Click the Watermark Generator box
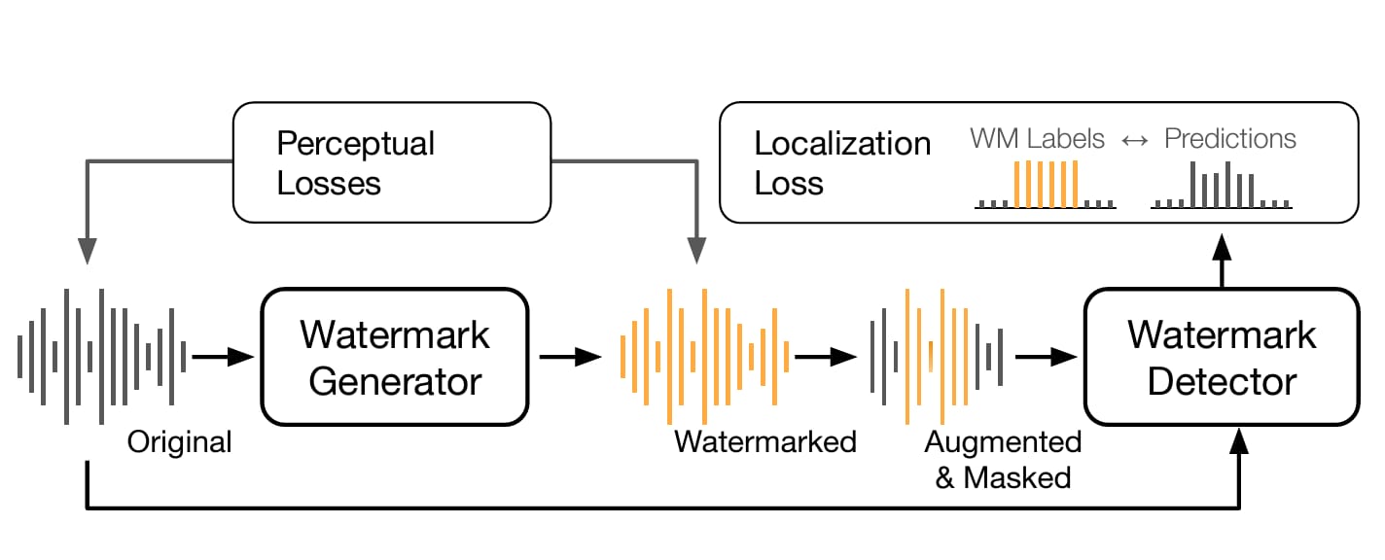[x=395, y=357]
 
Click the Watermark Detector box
[x=1222, y=357]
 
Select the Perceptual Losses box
[x=392, y=162]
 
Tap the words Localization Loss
[x=842, y=163]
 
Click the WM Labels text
[x=1037, y=138]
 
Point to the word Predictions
[x=1229, y=138]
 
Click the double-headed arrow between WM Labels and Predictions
[x=1135, y=141]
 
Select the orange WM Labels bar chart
[x=1046, y=185]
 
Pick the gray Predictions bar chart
[x=1222, y=185]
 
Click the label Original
[x=179, y=442]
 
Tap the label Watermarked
[x=765, y=442]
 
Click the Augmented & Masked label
[x=1003, y=460]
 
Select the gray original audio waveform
[x=102, y=357]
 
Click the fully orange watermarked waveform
[x=705, y=357]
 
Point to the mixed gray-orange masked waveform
[x=937, y=357]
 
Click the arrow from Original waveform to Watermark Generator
[x=223, y=357]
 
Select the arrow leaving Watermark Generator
[x=571, y=357]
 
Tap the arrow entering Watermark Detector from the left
[x=1047, y=357]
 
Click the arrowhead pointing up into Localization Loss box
[x=1222, y=246]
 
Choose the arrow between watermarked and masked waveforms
[x=826, y=357]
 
